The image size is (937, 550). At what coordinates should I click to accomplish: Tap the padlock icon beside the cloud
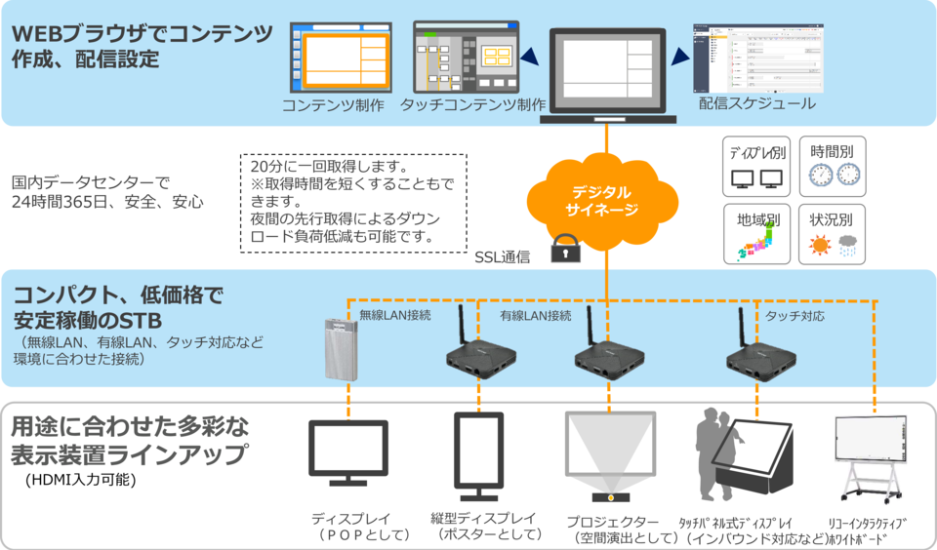click(x=563, y=250)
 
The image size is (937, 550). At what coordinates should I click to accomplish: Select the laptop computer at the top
click(x=606, y=74)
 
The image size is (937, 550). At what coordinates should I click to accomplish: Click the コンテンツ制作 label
click(x=333, y=104)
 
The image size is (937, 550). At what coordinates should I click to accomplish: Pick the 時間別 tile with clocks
click(x=835, y=167)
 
